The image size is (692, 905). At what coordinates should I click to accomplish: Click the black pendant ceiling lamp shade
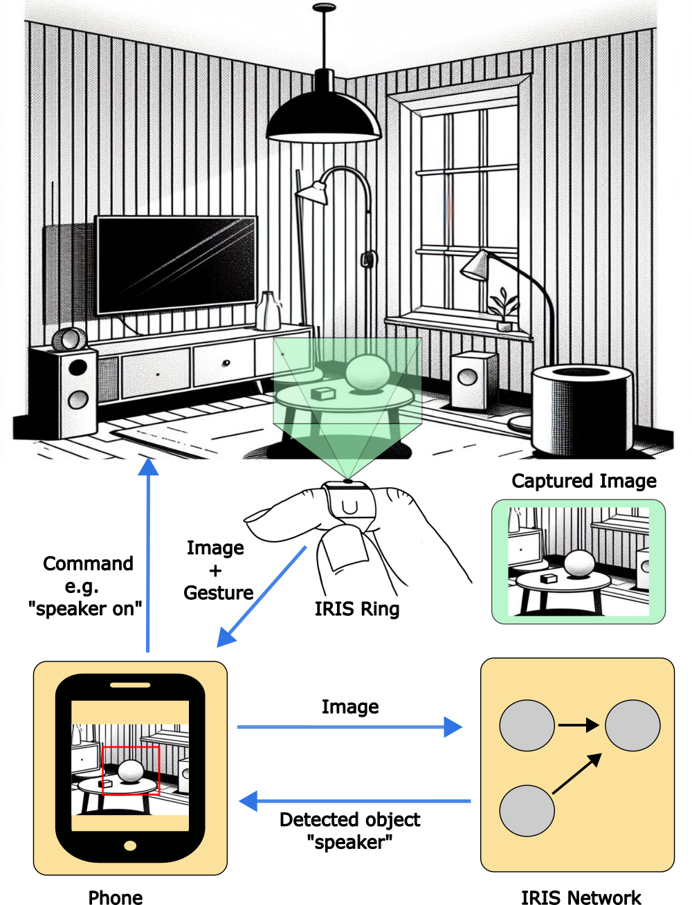coord(323,121)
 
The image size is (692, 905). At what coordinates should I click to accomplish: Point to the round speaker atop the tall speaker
coord(69,340)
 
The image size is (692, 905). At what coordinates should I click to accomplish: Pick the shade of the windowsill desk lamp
coord(475,266)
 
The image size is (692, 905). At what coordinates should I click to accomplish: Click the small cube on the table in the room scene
coord(322,394)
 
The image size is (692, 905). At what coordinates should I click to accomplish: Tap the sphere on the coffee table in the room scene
coord(367,373)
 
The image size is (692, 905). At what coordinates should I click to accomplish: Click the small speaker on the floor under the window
coord(473,378)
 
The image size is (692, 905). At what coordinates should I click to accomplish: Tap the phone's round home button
coord(130,845)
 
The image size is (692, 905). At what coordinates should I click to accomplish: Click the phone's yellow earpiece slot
coord(130,685)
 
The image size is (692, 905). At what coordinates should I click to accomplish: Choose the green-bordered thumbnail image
coord(578,562)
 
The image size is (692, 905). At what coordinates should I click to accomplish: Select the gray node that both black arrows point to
coord(632,726)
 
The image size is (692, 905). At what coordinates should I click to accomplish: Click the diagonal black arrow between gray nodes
coord(576,774)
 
